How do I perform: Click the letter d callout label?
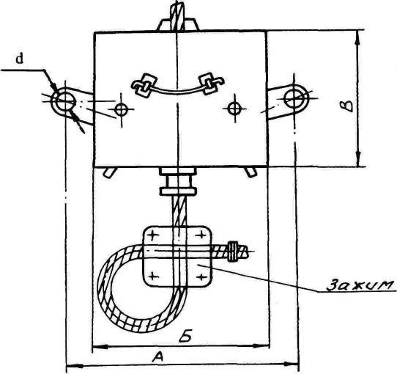tap(19, 59)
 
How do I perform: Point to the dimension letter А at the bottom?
tap(157, 358)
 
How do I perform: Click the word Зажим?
tap(360, 285)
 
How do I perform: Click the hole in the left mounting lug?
tap(64, 100)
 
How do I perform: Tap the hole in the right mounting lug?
tap(294, 98)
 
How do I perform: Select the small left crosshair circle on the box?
tap(121, 109)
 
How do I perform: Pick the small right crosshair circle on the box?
tap(234, 109)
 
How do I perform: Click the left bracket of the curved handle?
tap(143, 84)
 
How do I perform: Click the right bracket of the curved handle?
tap(211, 84)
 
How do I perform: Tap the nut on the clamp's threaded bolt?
tap(233, 252)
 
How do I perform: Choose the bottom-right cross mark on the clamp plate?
tap(201, 276)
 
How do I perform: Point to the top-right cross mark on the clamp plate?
tap(201, 235)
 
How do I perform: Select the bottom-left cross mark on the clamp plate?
tap(153, 275)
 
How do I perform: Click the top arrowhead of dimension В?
tap(358, 39)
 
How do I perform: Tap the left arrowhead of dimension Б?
tap(100, 346)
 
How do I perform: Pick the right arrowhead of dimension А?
tap(292, 364)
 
